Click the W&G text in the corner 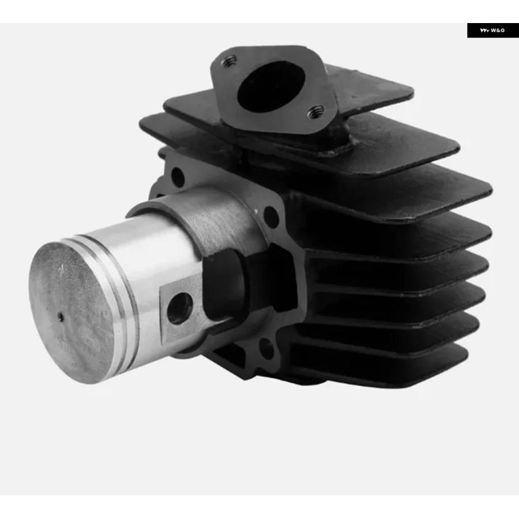(498, 31)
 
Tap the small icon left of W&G (484, 31)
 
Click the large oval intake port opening (271, 86)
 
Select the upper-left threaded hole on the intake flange (229, 61)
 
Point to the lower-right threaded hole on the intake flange (315, 112)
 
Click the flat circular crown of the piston (71, 313)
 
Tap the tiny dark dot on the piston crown (61, 317)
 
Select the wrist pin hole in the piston (179, 308)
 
